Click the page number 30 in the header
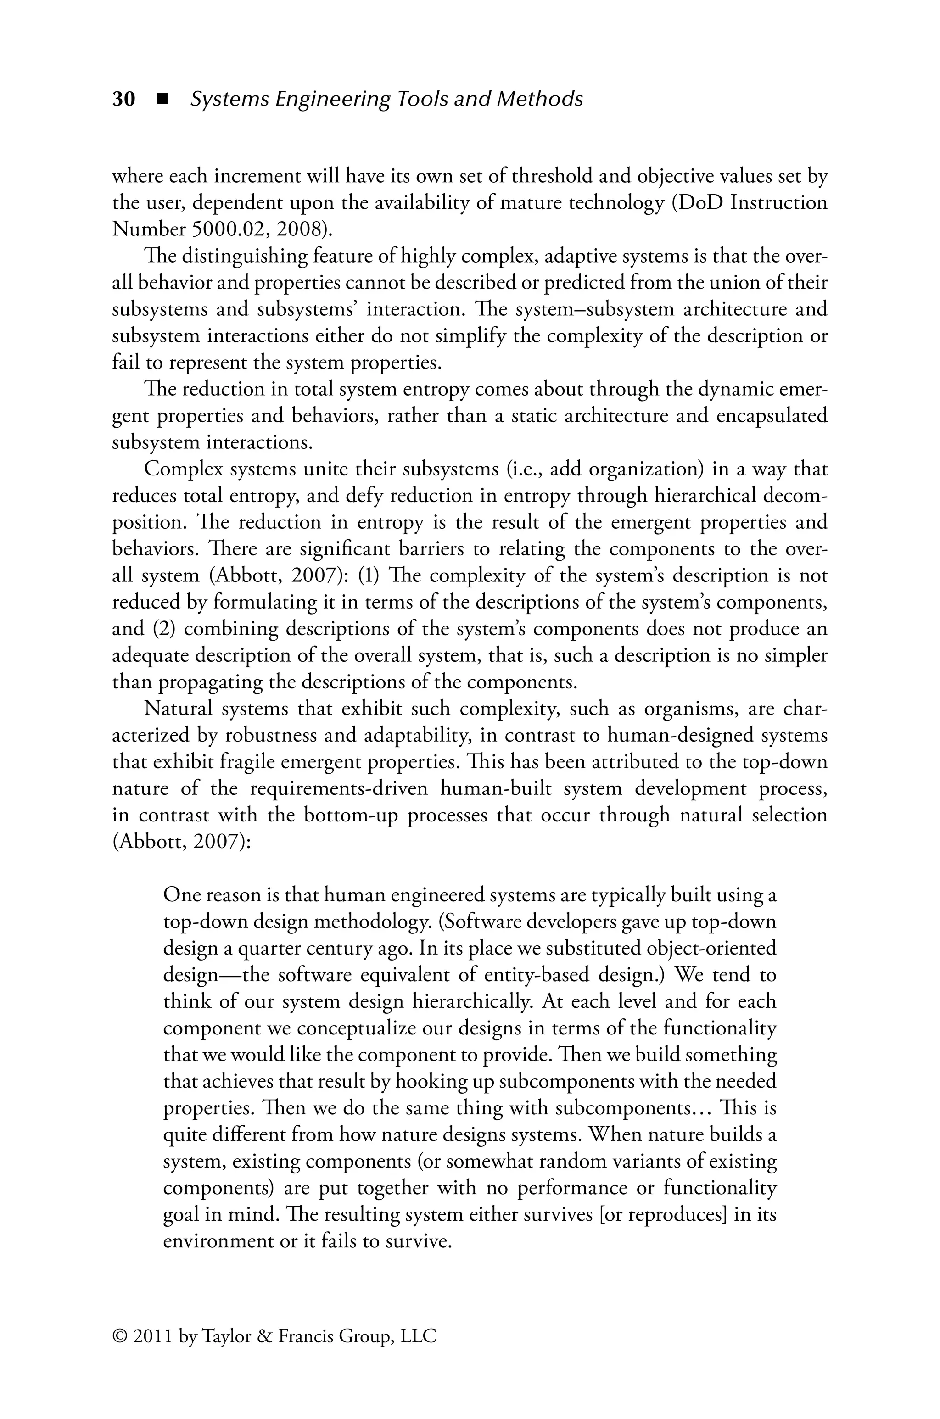[x=123, y=99]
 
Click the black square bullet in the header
[x=161, y=99]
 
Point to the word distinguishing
[x=244, y=257]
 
